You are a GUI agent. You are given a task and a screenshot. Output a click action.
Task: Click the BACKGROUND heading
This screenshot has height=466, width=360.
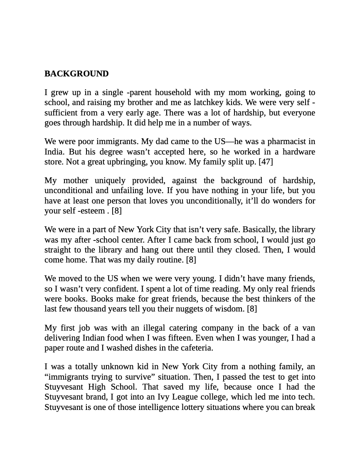pos(76,74)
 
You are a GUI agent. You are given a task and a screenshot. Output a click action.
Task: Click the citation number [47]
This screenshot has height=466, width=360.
pos(266,162)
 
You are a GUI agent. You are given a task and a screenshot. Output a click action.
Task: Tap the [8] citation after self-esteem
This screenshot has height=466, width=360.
pos(116,211)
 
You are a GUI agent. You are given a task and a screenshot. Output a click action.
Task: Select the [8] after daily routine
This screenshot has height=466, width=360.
pos(191,260)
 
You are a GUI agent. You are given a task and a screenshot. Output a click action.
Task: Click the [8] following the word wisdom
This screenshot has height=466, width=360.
pos(252,309)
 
